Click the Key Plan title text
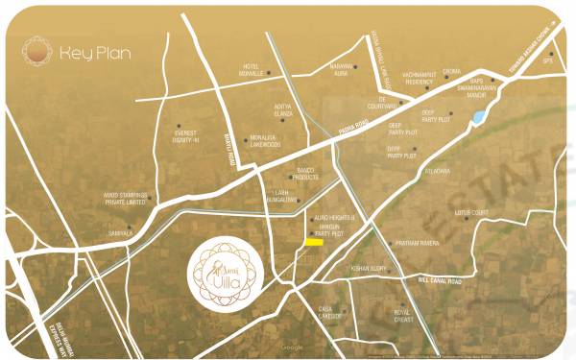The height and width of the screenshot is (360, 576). click(x=94, y=54)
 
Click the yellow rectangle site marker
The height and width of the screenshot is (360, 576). click(x=314, y=241)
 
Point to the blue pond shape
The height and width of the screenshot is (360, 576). click(x=477, y=118)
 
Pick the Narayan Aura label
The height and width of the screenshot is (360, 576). click(x=343, y=70)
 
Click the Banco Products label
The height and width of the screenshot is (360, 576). click(x=305, y=177)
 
